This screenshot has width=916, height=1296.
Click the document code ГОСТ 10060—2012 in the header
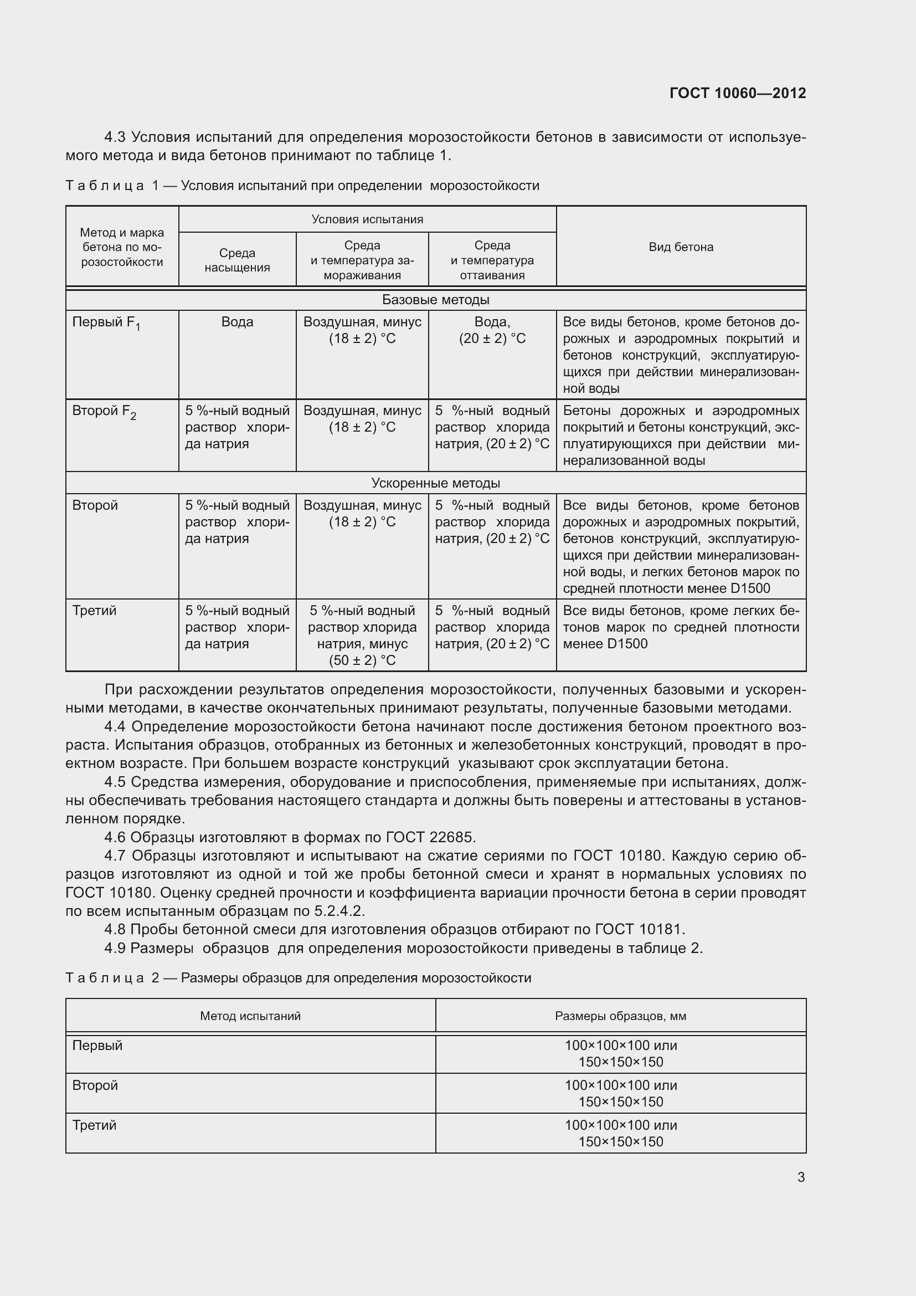click(737, 93)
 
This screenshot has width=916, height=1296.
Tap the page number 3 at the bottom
click(801, 1177)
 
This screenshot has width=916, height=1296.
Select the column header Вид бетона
click(681, 247)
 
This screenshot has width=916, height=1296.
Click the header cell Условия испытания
click(367, 219)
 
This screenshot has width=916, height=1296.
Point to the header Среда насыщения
click(237, 260)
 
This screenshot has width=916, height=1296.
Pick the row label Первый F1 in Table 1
click(106, 323)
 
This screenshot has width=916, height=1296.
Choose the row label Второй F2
click(104, 412)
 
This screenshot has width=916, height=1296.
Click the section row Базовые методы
click(435, 300)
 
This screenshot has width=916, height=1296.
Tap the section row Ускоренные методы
click(435, 483)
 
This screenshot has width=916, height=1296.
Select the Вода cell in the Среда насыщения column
click(237, 322)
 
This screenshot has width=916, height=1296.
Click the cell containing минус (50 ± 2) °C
click(362, 652)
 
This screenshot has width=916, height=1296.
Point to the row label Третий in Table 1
click(94, 611)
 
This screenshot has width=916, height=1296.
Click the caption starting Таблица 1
click(302, 186)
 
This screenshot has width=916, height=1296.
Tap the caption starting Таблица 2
click(299, 977)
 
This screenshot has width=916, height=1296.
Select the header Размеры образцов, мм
click(620, 1016)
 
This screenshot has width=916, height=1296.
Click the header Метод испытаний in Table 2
click(250, 1016)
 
